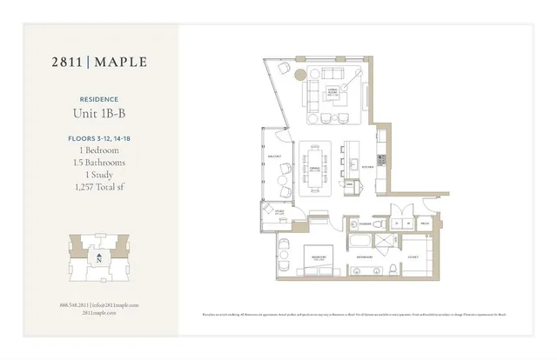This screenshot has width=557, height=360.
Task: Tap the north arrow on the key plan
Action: pos(100,258)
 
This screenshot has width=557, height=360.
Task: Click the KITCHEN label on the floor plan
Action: pos(368,166)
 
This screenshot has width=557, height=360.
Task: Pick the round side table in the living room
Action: pos(300,74)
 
